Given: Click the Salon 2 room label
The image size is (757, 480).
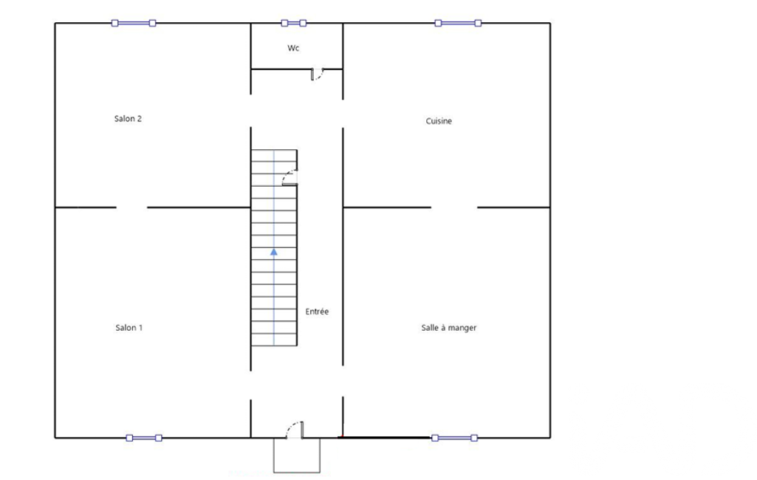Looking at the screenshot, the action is coord(128,119).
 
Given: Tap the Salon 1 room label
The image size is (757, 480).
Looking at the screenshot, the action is coord(129,328).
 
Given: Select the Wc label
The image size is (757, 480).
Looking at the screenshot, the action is coord(293,48).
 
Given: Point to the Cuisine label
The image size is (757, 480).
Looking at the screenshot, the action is coord(439,121).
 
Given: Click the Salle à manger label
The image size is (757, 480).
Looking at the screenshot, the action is coord(449,328).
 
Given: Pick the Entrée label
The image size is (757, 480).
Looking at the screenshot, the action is coord(317,312).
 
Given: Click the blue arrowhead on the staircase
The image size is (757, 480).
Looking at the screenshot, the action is coord(274,252).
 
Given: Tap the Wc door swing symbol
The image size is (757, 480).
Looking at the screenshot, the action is coord(317,75).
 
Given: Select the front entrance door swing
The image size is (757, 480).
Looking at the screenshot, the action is coord(295,430).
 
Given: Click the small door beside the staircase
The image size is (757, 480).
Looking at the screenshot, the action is coord(290,178).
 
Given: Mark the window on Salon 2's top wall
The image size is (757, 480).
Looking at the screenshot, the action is coord(134,23).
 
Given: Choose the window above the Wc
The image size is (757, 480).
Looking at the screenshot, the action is coord(293,23).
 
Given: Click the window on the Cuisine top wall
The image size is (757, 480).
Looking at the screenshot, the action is coord(458,23).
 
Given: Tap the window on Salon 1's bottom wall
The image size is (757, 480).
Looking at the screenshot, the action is coord(144,438).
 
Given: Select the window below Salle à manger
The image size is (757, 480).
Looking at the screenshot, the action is coord(455,438).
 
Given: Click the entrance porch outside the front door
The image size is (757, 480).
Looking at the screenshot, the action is coord(297,456).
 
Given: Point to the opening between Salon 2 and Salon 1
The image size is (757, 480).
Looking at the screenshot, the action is coord(131,208).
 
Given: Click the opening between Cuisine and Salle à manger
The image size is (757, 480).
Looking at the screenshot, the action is coord(454,208).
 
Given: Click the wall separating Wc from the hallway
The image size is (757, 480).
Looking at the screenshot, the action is coord(281,69).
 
